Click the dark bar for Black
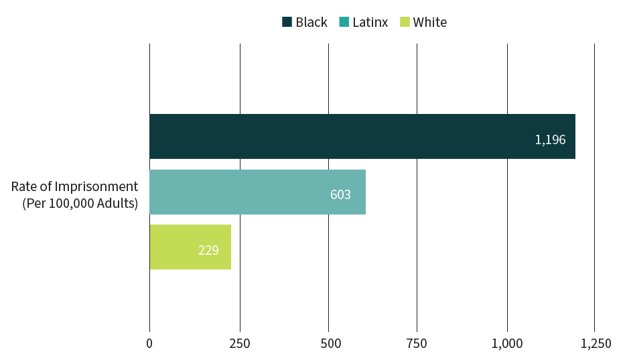(x=362, y=136)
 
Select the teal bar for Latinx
(x=257, y=192)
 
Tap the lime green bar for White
(x=190, y=247)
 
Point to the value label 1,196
(x=550, y=140)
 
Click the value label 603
(x=340, y=195)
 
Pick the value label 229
(x=208, y=251)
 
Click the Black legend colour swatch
(x=287, y=22)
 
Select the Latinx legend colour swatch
(x=344, y=22)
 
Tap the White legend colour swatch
(x=404, y=22)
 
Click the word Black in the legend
(x=311, y=22)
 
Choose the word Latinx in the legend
(x=370, y=22)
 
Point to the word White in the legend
(x=430, y=22)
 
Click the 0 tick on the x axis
(x=149, y=343)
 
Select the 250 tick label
(x=240, y=343)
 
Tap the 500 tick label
(x=328, y=343)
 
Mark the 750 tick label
(x=417, y=343)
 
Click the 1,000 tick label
(x=507, y=343)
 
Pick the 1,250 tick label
(x=596, y=343)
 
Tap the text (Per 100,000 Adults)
(x=80, y=203)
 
